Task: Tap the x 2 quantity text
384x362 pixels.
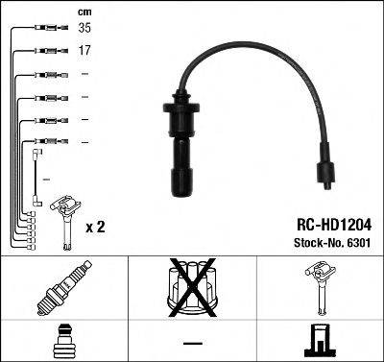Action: point(95,229)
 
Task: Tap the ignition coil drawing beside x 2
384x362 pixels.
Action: point(64,216)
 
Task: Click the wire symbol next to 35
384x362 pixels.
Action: point(45,30)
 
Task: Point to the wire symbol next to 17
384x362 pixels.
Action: point(45,52)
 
